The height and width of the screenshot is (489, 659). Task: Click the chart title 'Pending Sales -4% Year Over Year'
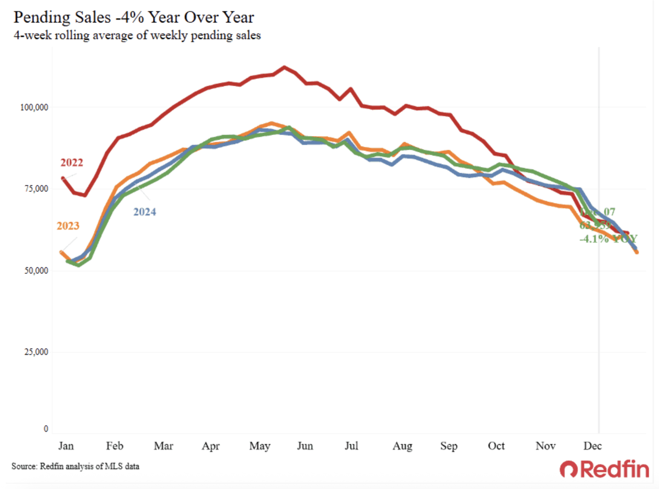pyautogui.click(x=134, y=17)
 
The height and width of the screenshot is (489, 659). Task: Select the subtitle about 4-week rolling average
pyautogui.click(x=137, y=35)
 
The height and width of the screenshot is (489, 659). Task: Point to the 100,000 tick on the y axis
pyautogui.click(x=34, y=108)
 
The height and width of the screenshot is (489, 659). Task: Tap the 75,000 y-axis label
pyautogui.click(x=36, y=189)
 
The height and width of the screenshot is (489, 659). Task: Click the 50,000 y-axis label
pyautogui.click(x=36, y=270)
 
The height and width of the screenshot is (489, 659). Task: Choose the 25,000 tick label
pyautogui.click(x=36, y=352)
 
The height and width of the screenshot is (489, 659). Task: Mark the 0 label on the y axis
pyautogui.click(x=46, y=429)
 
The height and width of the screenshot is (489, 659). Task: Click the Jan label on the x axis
pyautogui.click(x=66, y=446)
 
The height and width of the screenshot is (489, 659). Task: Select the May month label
pyautogui.click(x=260, y=446)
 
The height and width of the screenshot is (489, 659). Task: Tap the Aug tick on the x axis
pyautogui.click(x=402, y=446)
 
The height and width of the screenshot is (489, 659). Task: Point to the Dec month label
pyautogui.click(x=592, y=446)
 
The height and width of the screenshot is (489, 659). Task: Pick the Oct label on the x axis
pyautogui.click(x=496, y=446)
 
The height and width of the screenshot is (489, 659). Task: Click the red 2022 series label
pyautogui.click(x=72, y=163)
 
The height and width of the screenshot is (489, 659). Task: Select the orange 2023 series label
pyautogui.click(x=68, y=226)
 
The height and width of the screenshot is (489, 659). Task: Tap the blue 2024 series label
pyautogui.click(x=145, y=212)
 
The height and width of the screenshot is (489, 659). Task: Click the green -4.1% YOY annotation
pyautogui.click(x=608, y=239)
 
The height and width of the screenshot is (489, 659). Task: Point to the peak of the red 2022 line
pyautogui.click(x=284, y=67)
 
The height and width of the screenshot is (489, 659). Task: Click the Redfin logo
pyautogui.click(x=604, y=469)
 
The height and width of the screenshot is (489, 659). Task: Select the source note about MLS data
pyautogui.click(x=75, y=466)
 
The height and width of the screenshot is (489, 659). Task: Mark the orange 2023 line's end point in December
pyautogui.click(x=637, y=252)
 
